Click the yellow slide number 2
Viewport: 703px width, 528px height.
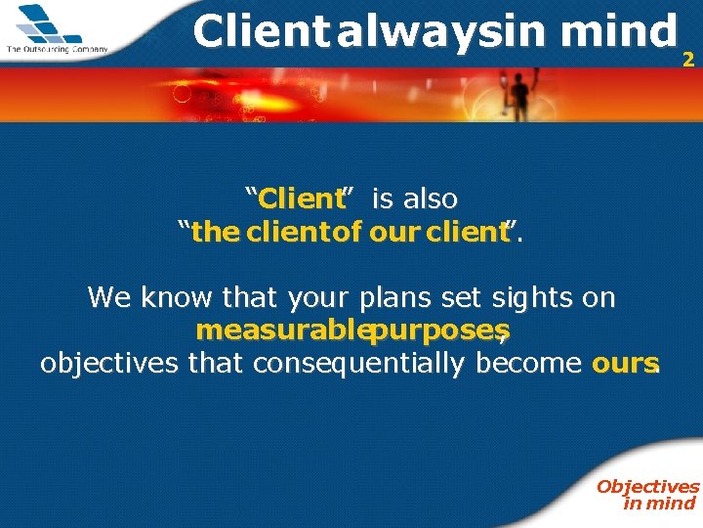pos(688,60)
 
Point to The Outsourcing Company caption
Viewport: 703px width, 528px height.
pos(57,49)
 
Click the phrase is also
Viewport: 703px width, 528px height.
pos(415,199)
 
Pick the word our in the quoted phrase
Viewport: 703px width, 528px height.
pos(393,233)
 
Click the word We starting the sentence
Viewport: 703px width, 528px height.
pos(106,297)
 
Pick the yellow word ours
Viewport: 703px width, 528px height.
pos(626,364)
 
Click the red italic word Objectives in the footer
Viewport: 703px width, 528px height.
pos(647,486)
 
